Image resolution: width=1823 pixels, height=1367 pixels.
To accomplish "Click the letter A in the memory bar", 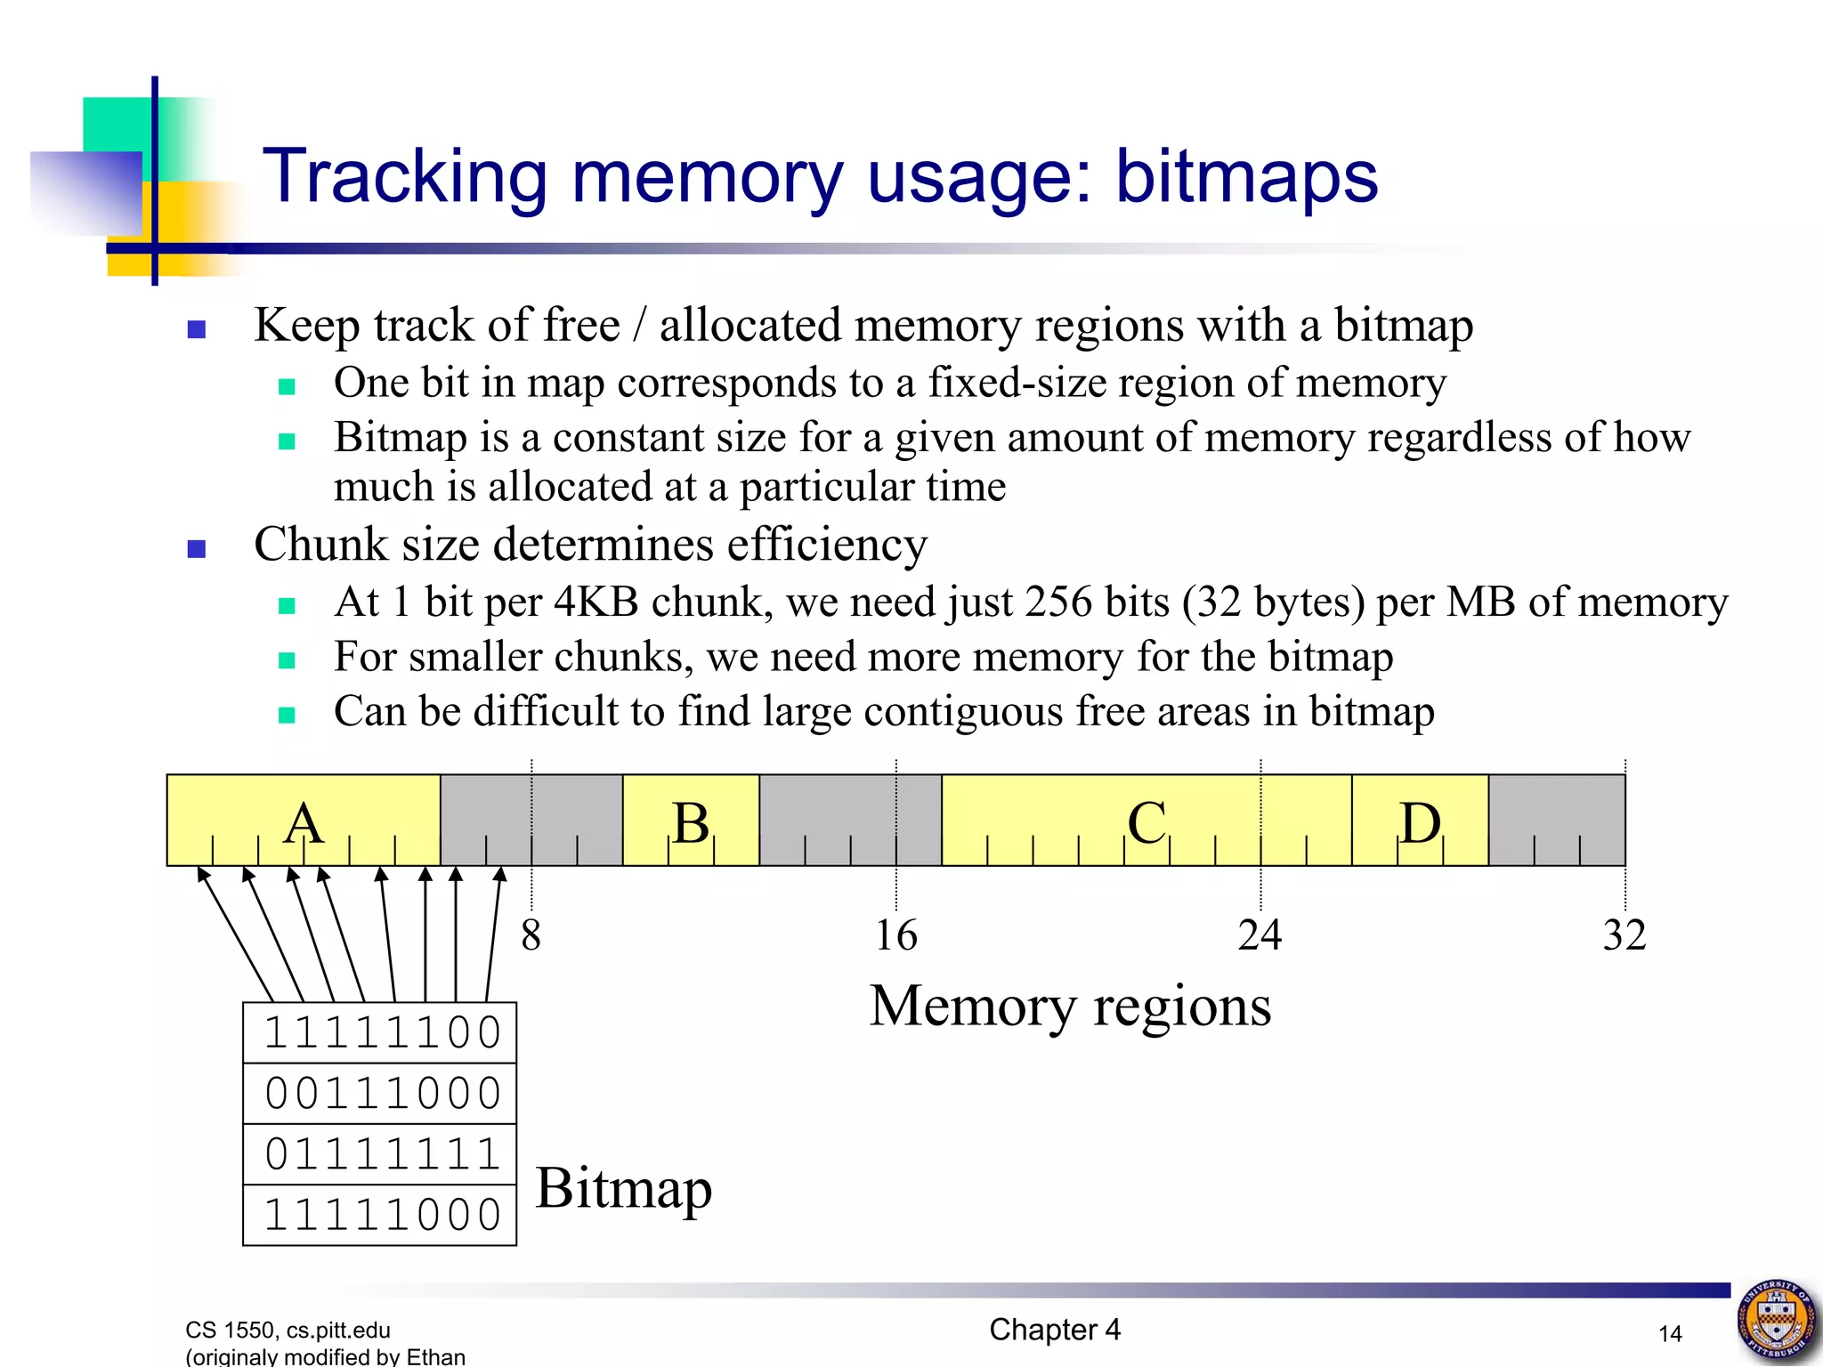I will pyautogui.click(x=304, y=822).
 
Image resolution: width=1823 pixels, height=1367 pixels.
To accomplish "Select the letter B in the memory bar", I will pyautogui.click(x=691, y=822).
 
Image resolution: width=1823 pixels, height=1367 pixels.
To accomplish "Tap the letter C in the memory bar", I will pyautogui.click(x=1146, y=822).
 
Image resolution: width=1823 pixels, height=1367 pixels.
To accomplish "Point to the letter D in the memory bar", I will pyautogui.click(x=1420, y=822).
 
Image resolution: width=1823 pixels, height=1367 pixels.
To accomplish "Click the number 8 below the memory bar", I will pyautogui.click(x=531, y=935).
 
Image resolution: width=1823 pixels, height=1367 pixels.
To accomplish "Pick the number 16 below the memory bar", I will pyautogui.click(x=895, y=935).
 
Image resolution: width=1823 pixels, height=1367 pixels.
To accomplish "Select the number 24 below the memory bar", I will pyautogui.click(x=1260, y=935).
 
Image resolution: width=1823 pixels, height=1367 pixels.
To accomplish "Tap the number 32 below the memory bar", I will pyautogui.click(x=1624, y=935).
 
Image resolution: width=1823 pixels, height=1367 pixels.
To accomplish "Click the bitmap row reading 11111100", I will pyautogui.click(x=381, y=1033).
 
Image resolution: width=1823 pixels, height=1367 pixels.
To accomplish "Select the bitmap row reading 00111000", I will pyautogui.click(x=381, y=1094).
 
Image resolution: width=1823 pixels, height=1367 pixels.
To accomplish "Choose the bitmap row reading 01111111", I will pyautogui.click(x=381, y=1154).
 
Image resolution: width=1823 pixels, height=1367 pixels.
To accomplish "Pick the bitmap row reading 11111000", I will pyautogui.click(x=381, y=1215).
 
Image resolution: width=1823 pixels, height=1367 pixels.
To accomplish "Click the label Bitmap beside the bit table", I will pyautogui.click(x=624, y=1188).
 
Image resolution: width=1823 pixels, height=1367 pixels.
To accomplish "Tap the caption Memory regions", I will pyautogui.click(x=1070, y=1007).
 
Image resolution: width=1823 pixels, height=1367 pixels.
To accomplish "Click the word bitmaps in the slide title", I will pyautogui.click(x=1246, y=177).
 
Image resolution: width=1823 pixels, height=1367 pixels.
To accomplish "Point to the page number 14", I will pyautogui.click(x=1670, y=1333).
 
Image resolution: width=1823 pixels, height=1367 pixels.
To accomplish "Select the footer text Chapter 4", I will pyautogui.click(x=1055, y=1330).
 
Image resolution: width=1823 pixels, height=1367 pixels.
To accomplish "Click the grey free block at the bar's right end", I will pyautogui.click(x=1557, y=820).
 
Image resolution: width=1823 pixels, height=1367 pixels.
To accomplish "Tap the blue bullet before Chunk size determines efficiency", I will pyautogui.click(x=197, y=548).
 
